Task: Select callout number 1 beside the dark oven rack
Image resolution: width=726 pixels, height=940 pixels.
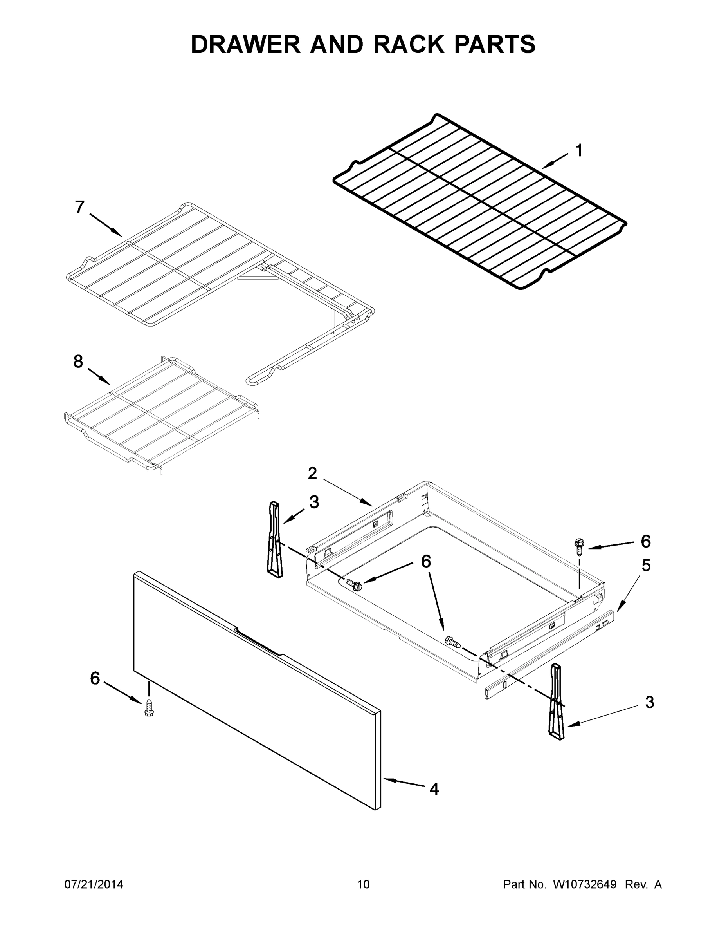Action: coord(579,151)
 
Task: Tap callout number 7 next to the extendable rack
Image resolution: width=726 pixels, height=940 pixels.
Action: coord(80,207)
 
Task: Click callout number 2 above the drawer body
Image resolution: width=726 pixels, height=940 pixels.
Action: coord(313,474)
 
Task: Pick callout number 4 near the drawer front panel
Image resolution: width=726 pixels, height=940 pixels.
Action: coord(434,789)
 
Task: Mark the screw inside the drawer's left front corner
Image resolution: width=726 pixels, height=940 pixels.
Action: coord(353,584)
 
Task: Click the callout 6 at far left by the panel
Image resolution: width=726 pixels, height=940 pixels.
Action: coord(95,679)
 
